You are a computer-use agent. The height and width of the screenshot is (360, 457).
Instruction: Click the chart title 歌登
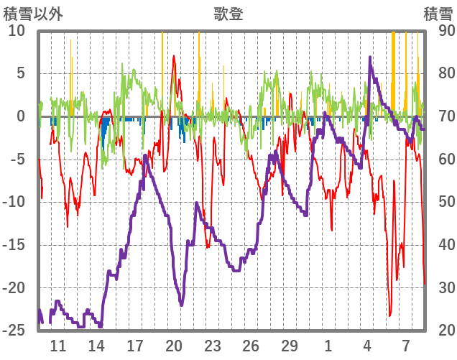coord(228,14)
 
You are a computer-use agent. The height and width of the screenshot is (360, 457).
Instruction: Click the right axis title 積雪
coord(437,14)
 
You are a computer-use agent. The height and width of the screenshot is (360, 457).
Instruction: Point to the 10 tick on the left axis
coord(17,31)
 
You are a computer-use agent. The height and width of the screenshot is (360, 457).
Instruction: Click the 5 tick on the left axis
coord(20,73)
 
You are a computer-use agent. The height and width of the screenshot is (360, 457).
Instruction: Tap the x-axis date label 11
coord(58,346)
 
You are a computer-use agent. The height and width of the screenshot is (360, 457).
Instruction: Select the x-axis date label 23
coord(212,346)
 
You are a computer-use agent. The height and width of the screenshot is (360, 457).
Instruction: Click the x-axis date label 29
coord(289,346)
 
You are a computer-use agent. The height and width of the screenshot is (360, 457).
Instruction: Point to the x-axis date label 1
coord(328,346)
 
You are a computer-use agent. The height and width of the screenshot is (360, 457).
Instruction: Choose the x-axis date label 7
coord(406,346)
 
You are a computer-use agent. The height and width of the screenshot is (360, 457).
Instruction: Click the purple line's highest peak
coord(370,57)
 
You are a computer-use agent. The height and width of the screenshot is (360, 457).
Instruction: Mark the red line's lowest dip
coord(390,315)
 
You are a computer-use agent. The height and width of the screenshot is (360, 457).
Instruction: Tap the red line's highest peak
coord(174,55)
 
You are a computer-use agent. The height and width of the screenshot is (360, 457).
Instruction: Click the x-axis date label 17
coord(135,346)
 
